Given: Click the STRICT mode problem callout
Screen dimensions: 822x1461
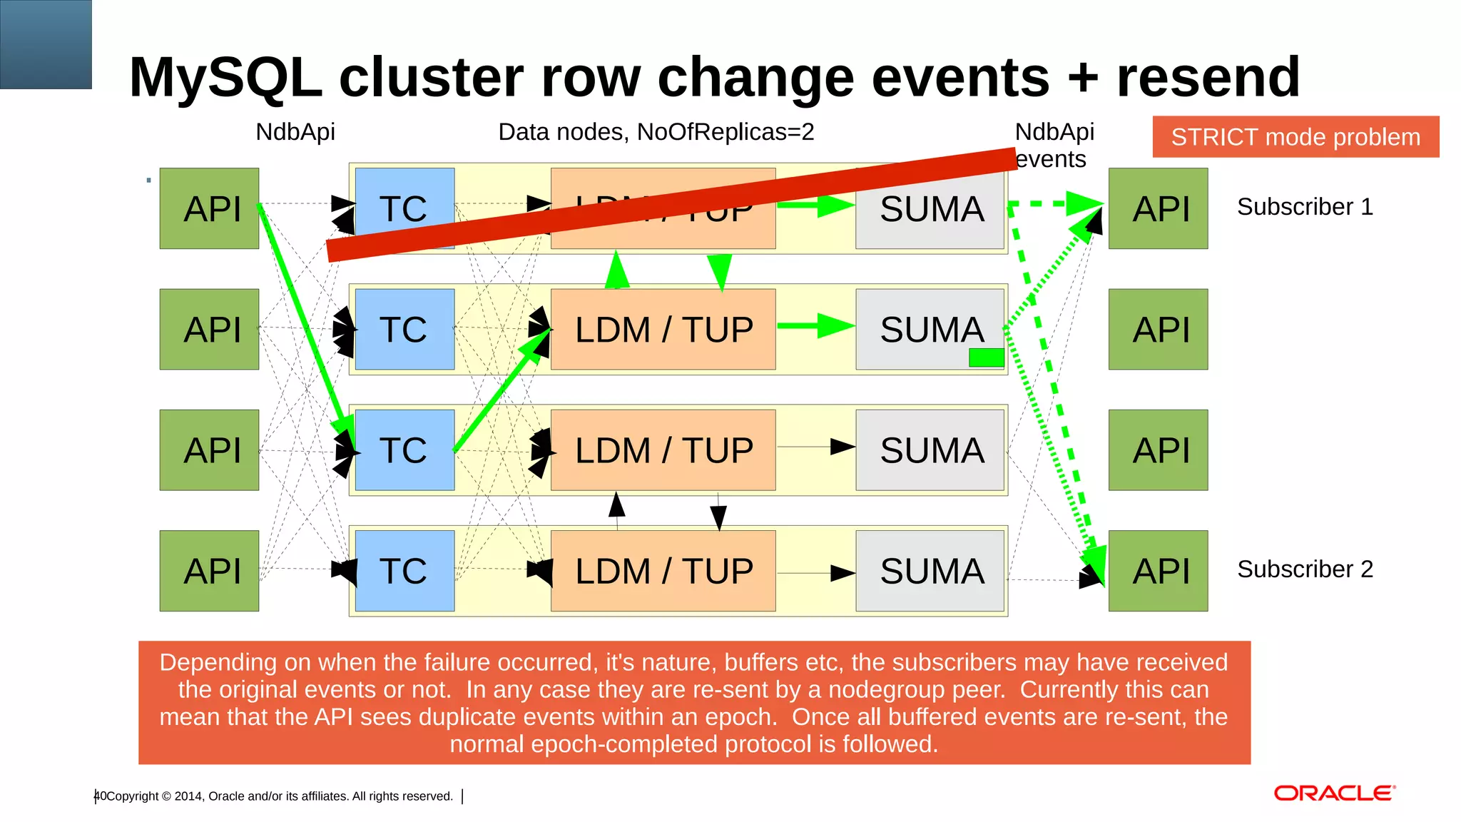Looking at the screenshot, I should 1295,137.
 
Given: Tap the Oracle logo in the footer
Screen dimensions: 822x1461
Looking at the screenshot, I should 1333,793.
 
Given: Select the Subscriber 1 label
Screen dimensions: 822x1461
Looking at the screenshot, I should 1304,207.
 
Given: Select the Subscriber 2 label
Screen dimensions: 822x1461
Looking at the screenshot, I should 1304,569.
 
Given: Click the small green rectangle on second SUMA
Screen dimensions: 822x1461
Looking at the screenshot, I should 986,357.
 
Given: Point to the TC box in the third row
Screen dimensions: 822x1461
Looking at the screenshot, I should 404,450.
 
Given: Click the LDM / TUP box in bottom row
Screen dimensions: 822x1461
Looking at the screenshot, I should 663,571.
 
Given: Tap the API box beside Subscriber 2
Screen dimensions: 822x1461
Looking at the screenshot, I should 1158,571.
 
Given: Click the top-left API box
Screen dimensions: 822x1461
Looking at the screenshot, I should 209,208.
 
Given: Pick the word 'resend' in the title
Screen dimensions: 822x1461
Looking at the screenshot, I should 1208,77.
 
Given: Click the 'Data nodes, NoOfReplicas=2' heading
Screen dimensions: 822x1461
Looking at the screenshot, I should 656,132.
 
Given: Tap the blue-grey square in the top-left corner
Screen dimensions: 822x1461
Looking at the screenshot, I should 46,44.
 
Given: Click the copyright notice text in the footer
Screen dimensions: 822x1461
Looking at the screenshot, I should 279,796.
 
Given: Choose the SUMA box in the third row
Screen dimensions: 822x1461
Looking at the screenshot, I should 930,450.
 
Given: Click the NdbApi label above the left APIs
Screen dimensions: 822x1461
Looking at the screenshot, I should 295,132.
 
